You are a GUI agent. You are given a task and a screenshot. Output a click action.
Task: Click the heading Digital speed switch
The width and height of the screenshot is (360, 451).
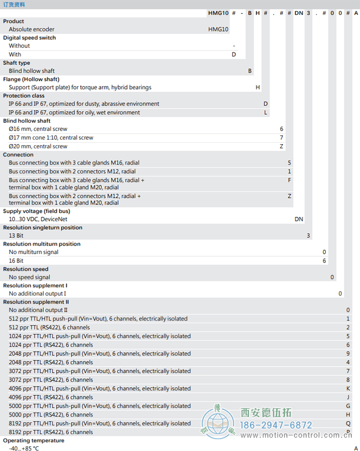pos(29,38)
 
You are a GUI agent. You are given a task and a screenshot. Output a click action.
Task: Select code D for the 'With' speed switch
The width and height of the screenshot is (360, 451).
pos(233,54)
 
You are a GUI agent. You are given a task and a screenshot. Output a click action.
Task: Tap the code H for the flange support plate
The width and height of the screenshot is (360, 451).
pos(258,88)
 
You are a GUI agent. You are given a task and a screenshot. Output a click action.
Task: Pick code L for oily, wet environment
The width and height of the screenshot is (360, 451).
pos(266,112)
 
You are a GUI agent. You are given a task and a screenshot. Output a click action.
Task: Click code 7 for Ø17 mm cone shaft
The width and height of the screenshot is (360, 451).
pos(281,137)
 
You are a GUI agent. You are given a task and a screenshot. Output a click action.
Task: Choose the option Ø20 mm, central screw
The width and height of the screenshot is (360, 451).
pos(38,146)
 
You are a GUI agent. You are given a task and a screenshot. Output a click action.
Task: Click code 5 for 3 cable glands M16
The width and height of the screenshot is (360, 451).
pos(290,163)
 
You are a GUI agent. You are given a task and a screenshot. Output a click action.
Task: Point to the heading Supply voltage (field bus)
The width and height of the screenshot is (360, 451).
pos(37,211)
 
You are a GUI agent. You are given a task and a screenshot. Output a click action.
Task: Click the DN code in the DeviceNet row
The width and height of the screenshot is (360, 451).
pos(299,219)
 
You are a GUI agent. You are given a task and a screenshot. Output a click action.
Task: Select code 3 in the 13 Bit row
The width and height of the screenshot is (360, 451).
pos(309,236)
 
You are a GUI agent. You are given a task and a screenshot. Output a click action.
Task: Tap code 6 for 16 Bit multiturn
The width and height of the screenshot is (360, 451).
pos(324,261)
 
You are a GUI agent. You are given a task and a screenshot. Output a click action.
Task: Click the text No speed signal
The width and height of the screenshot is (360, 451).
pos(29,277)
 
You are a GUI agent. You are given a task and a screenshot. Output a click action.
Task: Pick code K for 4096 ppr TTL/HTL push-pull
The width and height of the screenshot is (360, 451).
pos(348,389)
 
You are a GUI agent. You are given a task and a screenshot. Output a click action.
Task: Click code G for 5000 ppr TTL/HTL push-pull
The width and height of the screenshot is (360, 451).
pos(348,406)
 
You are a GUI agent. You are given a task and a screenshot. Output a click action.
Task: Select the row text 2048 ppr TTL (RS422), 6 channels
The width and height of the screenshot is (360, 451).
pos(51,362)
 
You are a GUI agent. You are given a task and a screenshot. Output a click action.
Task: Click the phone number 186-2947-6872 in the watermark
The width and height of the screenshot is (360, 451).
pos(277,425)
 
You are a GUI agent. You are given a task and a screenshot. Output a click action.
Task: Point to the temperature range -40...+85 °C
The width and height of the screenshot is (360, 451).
pos(24,448)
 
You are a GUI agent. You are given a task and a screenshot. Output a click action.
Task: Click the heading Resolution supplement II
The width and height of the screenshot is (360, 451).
pos(36,302)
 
